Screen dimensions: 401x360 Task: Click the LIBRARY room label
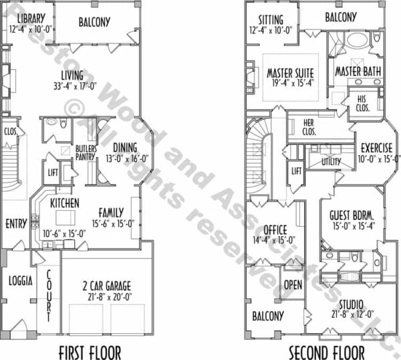pyautogui.click(x=31, y=18)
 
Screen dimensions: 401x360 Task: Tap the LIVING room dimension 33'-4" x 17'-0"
pyautogui.click(x=75, y=86)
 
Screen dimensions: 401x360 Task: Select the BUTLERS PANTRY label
pyautogui.click(x=86, y=153)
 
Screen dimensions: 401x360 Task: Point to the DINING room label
pyautogui.click(x=125, y=147)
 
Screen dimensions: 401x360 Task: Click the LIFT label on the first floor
pyautogui.click(x=53, y=173)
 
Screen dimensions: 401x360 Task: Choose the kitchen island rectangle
pyautogui.click(x=65, y=217)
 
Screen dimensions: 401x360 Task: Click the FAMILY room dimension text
pyautogui.click(x=113, y=223)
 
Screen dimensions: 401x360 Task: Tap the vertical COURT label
pyautogui.click(x=49, y=296)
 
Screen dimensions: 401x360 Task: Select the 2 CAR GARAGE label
pyautogui.click(x=107, y=286)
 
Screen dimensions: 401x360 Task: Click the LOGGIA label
pyautogui.click(x=21, y=281)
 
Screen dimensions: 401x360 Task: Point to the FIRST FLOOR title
pyautogui.click(x=90, y=353)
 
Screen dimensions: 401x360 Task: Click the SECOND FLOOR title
pyautogui.click(x=327, y=353)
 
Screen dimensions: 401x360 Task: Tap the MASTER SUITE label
pyautogui.click(x=290, y=73)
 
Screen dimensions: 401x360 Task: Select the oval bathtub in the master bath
pyautogui.click(x=358, y=40)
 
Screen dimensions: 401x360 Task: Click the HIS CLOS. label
pyautogui.click(x=362, y=104)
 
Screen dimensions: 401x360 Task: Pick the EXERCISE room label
pyautogui.click(x=376, y=148)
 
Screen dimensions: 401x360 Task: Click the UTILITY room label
pyautogui.click(x=331, y=161)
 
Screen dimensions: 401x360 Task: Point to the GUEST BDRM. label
pyautogui.click(x=352, y=215)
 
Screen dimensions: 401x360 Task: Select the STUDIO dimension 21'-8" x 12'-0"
pyautogui.click(x=352, y=314)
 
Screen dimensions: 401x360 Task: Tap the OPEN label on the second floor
pyautogui.click(x=293, y=285)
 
